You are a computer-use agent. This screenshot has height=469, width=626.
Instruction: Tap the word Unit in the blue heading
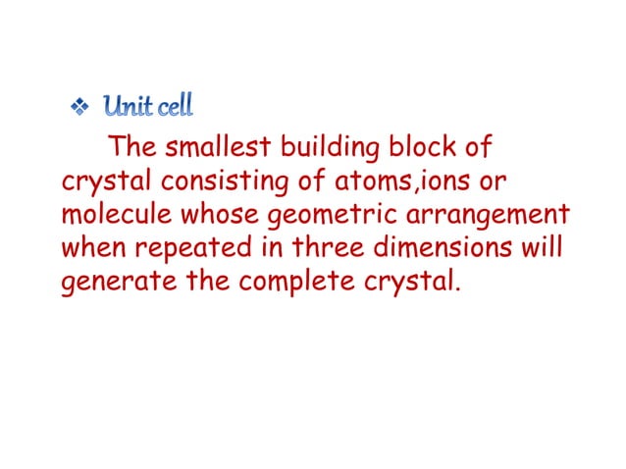click(128, 106)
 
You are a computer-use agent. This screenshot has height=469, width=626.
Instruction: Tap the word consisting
click(229, 182)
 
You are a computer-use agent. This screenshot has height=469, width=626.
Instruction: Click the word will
click(543, 247)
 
